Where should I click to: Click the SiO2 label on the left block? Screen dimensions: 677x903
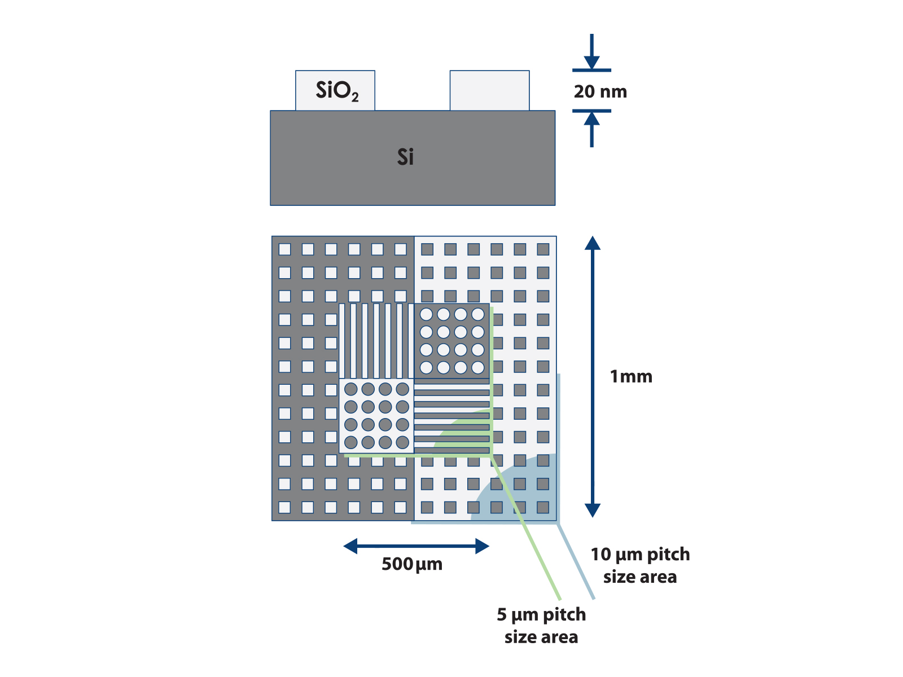[x=337, y=91]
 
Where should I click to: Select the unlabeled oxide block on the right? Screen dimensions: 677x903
[x=489, y=90]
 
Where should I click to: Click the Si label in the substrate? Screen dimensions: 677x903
[x=405, y=157]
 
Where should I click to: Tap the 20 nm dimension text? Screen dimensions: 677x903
[x=600, y=91]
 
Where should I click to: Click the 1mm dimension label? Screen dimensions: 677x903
[x=631, y=376]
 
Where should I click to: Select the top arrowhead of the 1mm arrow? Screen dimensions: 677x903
[x=592, y=243]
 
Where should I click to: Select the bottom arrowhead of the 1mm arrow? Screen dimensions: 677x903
[x=592, y=510]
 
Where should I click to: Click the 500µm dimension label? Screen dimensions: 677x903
[x=412, y=564]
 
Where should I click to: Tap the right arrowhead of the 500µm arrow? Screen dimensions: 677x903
[x=482, y=546]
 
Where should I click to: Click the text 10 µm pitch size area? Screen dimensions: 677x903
[x=640, y=565]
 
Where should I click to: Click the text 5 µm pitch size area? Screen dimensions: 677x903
[x=541, y=626]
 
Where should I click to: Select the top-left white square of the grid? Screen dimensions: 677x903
[x=285, y=249]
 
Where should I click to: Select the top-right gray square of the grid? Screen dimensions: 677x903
[x=543, y=249]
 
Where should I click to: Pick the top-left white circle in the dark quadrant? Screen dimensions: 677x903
[x=427, y=314]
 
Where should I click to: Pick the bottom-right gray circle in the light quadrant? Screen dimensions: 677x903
[x=402, y=442]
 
